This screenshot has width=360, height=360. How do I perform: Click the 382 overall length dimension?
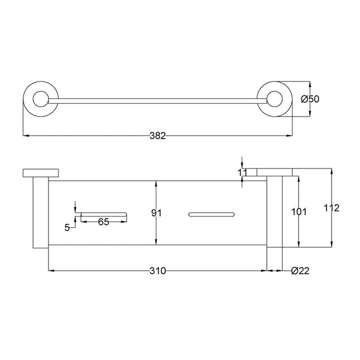tap(158, 136)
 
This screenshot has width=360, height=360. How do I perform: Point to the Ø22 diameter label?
tap(300, 271)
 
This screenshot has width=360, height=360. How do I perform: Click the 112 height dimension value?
tap(332, 208)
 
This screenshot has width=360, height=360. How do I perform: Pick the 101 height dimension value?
tap(300, 212)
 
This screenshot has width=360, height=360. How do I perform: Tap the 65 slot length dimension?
tap(103, 222)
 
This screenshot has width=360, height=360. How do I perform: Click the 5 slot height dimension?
tap(67, 227)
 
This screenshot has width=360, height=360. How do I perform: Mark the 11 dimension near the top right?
tap(242, 172)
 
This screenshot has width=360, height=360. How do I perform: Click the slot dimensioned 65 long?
tap(104, 213)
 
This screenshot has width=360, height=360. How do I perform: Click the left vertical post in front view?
tap(40, 212)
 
